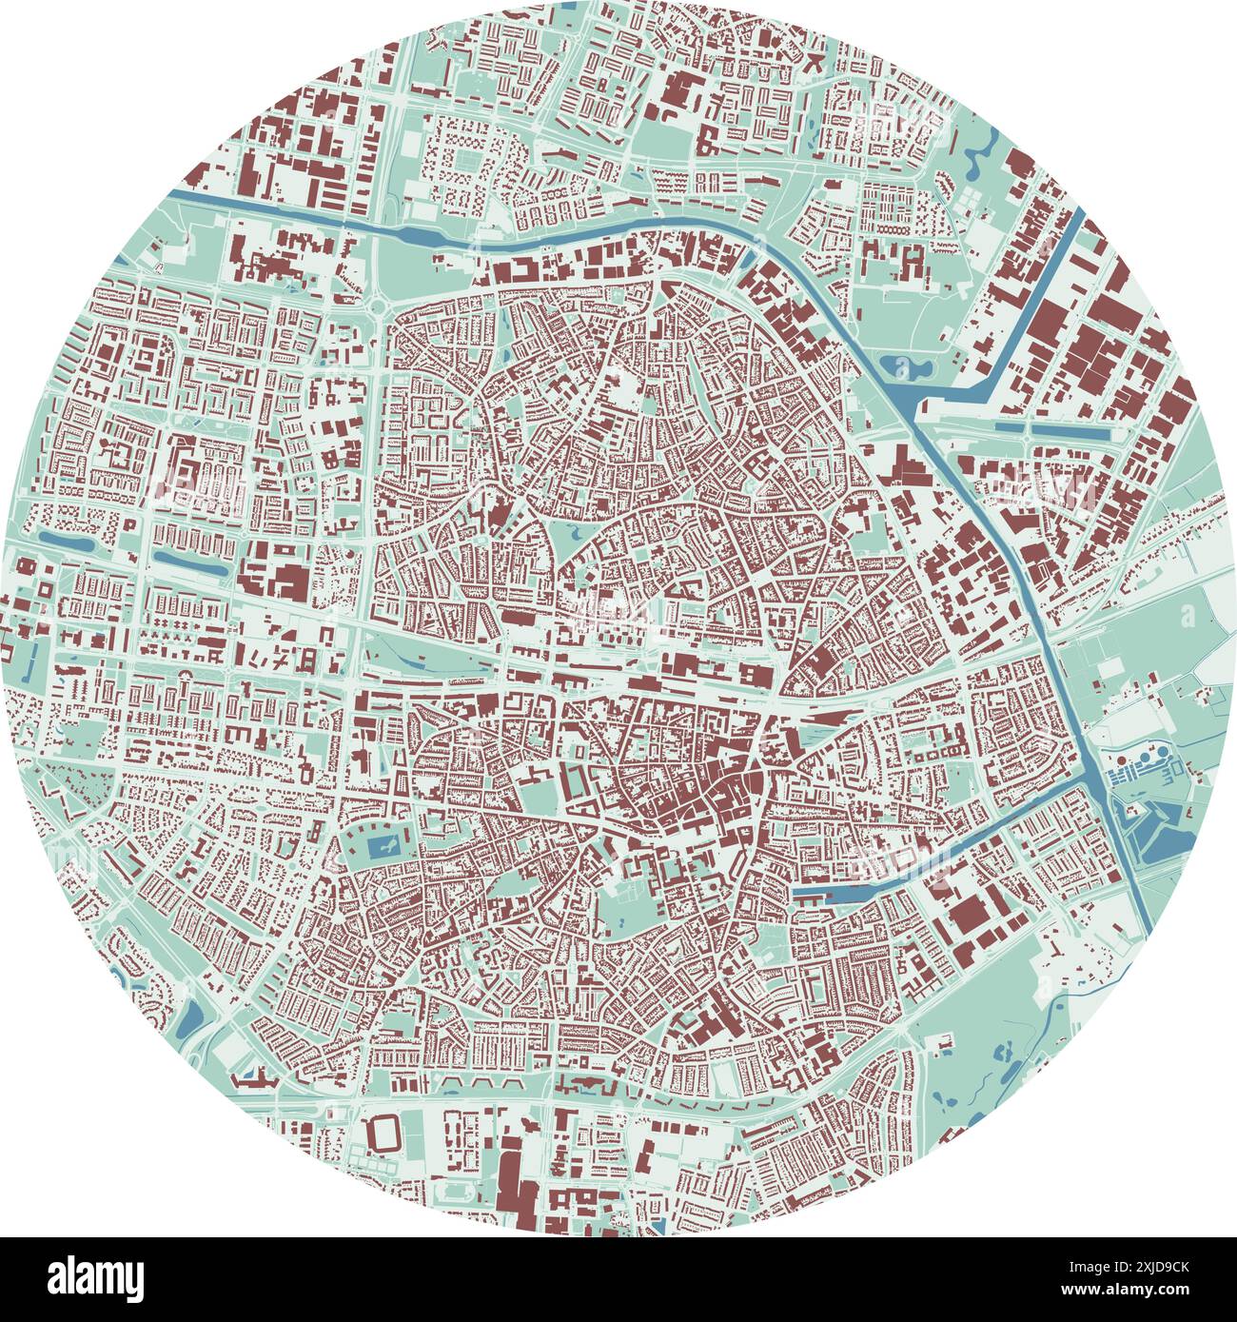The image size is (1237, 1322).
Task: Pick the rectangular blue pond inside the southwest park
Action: [x=380, y=845]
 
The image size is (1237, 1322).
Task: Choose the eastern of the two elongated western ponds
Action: [x=190, y=563]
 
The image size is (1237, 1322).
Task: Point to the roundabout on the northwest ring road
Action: [x=379, y=306]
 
